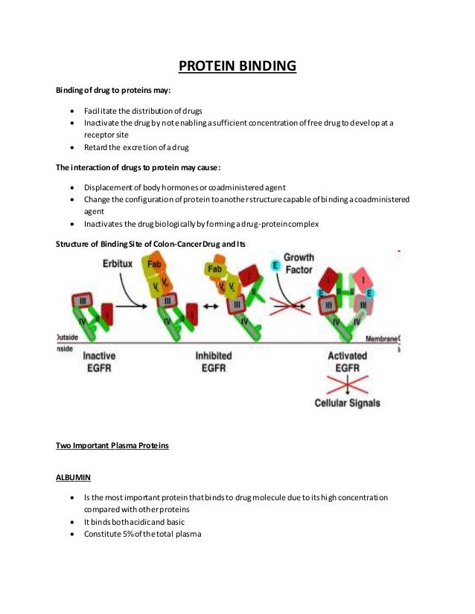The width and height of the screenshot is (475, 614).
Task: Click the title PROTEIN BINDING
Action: [x=238, y=68]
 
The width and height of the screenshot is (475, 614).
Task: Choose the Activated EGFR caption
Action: [x=348, y=362]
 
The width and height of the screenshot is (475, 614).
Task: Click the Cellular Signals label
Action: [x=347, y=403]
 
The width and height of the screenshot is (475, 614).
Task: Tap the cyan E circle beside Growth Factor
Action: [x=275, y=265]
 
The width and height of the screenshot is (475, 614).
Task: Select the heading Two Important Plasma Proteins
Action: [x=112, y=446]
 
